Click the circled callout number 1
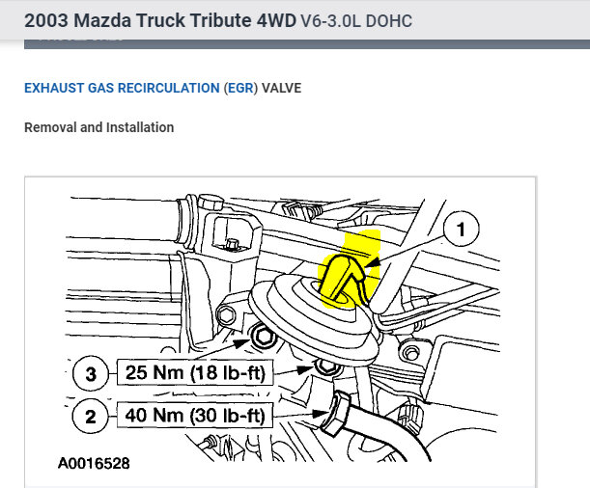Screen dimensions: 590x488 pyautogui.click(x=461, y=229)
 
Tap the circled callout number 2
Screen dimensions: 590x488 pyautogui.click(x=91, y=416)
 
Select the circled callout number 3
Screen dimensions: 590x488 pyautogui.click(x=91, y=373)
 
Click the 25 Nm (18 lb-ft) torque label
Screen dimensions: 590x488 pyautogui.click(x=195, y=372)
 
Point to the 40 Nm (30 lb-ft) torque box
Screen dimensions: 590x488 pyautogui.click(x=195, y=415)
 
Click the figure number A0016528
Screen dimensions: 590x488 pyautogui.click(x=94, y=463)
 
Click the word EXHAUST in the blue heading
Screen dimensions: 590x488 pyautogui.click(x=54, y=88)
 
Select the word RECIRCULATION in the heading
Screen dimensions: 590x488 pyautogui.click(x=169, y=88)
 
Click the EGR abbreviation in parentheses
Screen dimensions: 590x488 pyautogui.click(x=240, y=88)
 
